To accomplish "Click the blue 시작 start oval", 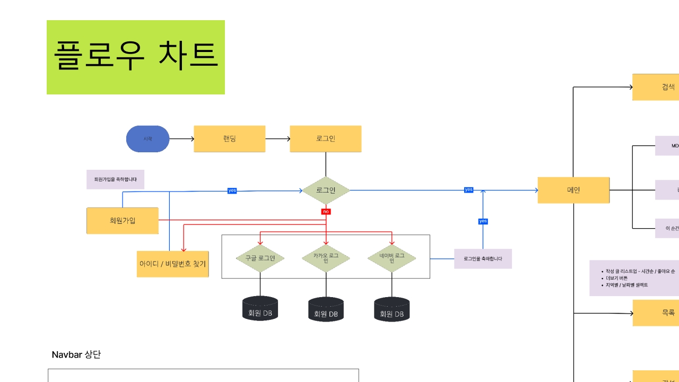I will pyautogui.click(x=147, y=139).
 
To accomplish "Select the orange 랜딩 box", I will pyautogui.click(x=229, y=139).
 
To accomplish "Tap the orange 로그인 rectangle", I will pyautogui.click(x=325, y=139).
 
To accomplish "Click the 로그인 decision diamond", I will pyautogui.click(x=326, y=190).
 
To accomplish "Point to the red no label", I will pyautogui.click(x=326, y=212).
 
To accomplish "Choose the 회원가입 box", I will pyautogui.click(x=123, y=221).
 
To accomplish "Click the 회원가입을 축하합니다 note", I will pyautogui.click(x=115, y=179).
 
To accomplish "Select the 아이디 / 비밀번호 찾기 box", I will pyautogui.click(x=172, y=264).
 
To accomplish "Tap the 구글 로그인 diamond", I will pyautogui.click(x=260, y=258).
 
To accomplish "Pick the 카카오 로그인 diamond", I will pyautogui.click(x=326, y=258).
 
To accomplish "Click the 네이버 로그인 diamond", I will pyautogui.click(x=391, y=258).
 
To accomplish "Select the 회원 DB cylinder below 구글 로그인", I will pyautogui.click(x=260, y=308).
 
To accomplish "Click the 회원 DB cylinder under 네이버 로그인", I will pyautogui.click(x=391, y=309).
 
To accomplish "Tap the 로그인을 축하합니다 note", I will pyautogui.click(x=483, y=259).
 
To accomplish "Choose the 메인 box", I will pyautogui.click(x=573, y=190).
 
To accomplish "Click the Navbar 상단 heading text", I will pyautogui.click(x=76, y=355).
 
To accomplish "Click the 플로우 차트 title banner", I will pyautogui.click(x=136, y=57).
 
